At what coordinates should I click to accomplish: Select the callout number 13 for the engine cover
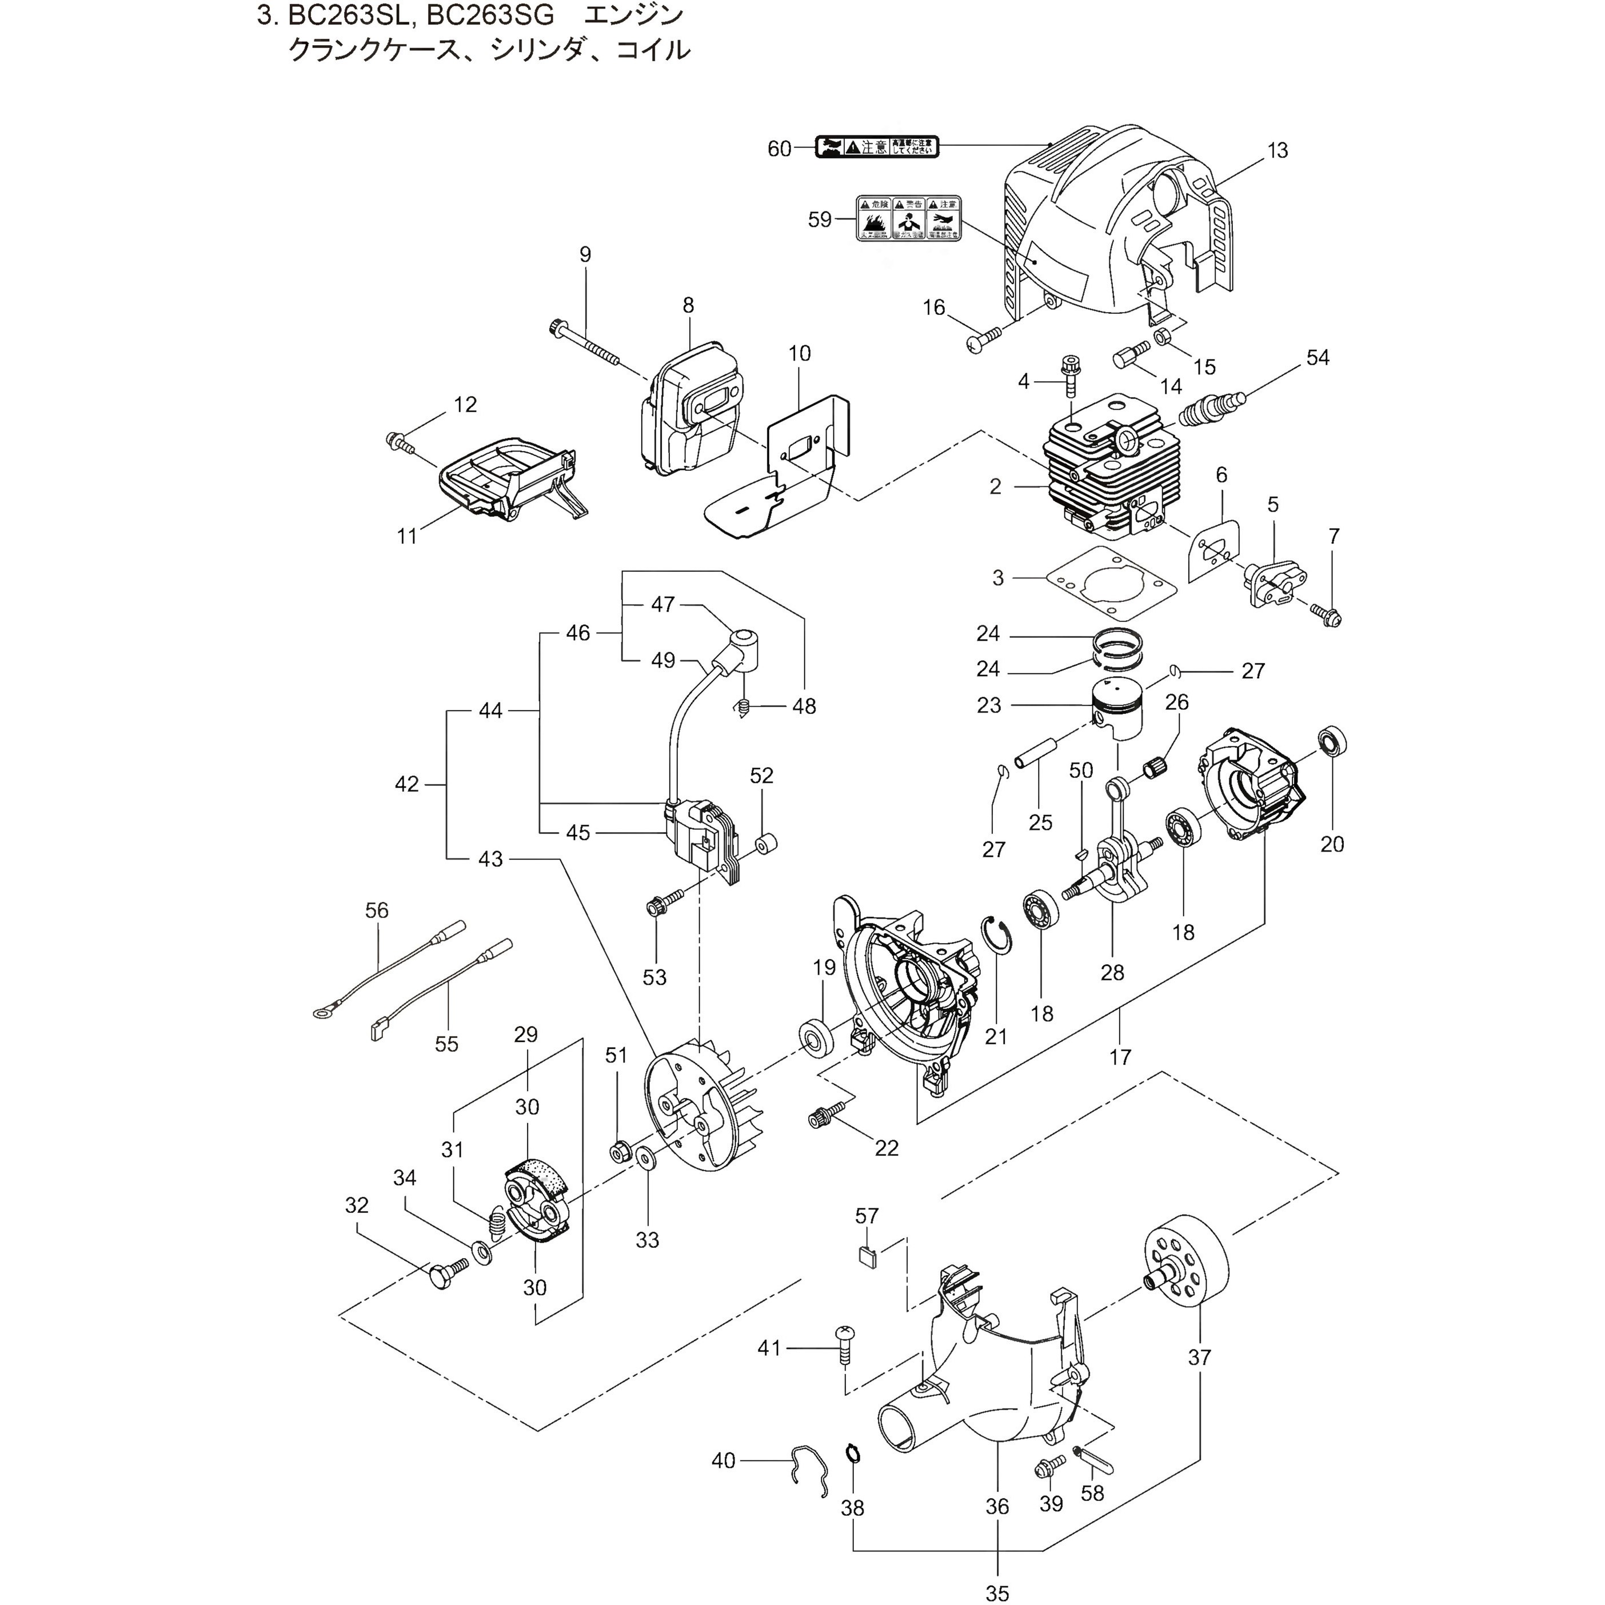point(1277,150)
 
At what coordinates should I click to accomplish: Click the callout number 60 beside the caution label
point(779,149)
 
